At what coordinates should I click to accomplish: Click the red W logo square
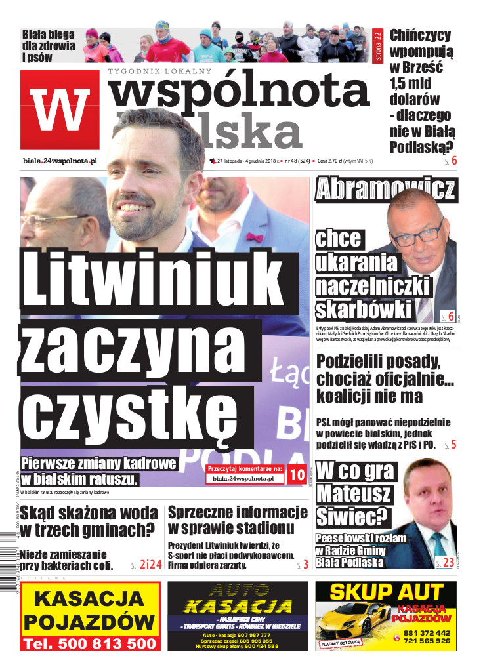pos(60,109)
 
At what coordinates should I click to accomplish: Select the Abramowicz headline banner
pos(385,189)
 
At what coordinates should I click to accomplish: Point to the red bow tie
pos(254,237)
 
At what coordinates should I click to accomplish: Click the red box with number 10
pos(297,476)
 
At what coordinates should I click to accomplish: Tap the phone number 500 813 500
pos(90,644)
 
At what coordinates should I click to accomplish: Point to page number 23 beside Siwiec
pos(448,562)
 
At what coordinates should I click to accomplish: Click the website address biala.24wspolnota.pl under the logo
pos(59,160)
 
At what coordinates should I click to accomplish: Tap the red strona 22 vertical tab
pos(377,44)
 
